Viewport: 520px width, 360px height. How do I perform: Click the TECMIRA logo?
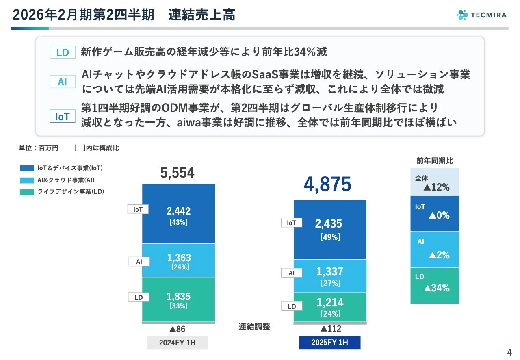[481, 15]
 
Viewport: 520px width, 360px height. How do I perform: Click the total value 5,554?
[178, 173]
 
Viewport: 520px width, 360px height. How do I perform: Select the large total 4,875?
[327, 184]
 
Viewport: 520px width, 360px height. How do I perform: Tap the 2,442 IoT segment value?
[178, 211]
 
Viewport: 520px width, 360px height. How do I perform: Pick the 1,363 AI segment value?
[179, 258]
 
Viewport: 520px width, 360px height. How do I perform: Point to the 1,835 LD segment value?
[178, 297]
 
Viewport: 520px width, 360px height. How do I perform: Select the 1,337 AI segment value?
[330, 271]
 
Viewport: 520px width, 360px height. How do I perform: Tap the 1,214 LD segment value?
[330, 303]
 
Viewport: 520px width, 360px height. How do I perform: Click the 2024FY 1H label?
[178, 343]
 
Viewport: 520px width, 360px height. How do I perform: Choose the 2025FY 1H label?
[329, 343]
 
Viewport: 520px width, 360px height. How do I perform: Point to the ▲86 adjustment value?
[178, 329]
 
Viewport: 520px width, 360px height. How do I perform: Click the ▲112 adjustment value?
[330, 329]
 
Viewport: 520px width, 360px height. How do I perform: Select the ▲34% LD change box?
[435, 286]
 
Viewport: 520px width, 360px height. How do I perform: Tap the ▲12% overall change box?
[435, 182]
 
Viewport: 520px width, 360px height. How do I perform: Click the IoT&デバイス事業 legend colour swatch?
[27, 168]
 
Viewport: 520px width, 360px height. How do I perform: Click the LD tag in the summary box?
[63, 52]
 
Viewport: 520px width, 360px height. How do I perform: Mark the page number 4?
[509, 352]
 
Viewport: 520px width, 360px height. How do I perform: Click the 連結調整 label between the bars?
[254, 326]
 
